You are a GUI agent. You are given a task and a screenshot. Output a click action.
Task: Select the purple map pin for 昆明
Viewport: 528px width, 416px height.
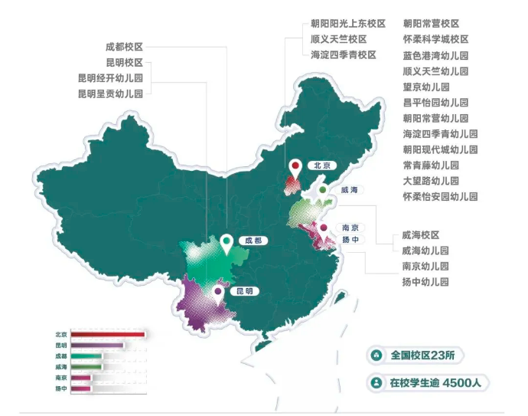click(219, 291)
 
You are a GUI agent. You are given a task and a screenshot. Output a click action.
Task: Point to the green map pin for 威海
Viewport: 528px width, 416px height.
click(323, 189)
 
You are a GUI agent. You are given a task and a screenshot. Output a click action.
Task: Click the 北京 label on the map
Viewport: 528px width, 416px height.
click(321, 165)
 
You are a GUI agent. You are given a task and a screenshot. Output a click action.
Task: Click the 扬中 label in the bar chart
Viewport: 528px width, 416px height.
click(60, 388)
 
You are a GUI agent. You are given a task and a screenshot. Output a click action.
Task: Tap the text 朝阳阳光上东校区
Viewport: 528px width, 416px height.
click(347, 24)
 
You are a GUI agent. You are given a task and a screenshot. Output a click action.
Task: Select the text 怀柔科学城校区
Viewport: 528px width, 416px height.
click(435, 39)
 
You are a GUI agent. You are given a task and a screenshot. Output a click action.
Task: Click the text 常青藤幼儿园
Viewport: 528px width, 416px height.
click(431, 165)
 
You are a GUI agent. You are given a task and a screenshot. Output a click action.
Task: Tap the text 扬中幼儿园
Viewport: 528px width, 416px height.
click(425, 282)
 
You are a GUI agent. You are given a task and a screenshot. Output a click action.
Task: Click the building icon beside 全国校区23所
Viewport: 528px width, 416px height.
click(376, 355)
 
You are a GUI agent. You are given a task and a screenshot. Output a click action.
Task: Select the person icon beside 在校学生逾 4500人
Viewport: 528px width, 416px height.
click(376, 382)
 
